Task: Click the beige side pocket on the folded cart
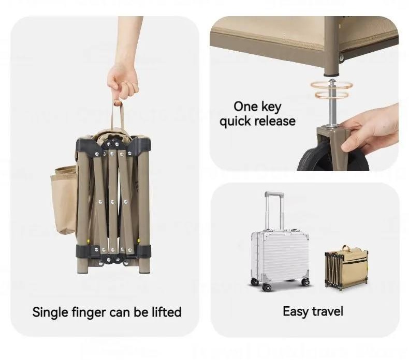[63, 200]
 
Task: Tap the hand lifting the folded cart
[123, 78]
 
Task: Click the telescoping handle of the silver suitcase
[274, 211]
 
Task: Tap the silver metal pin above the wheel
[332, 104]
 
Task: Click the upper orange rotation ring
[331, 86]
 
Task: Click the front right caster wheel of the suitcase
[305, 281]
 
